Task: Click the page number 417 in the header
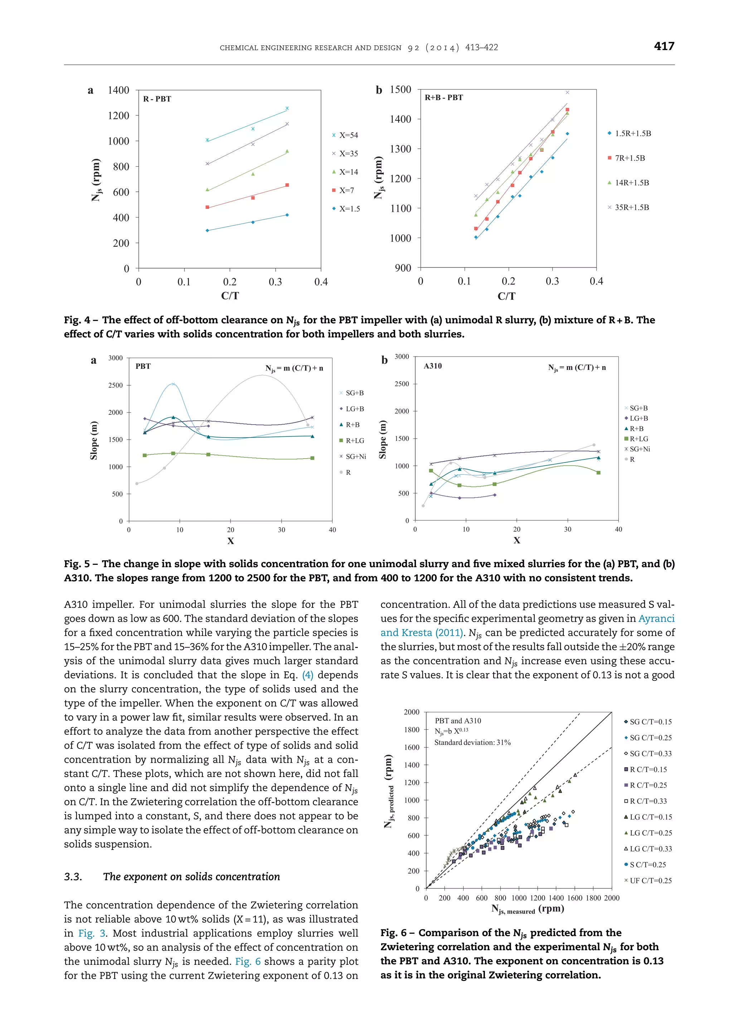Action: [x=664, y=46]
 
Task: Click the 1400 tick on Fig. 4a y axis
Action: [x=118, y=90]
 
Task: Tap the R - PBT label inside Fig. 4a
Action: [x=157, y=99]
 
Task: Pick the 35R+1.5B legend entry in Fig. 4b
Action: [x=631, y=207]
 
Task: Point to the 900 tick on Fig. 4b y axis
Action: [x=403, y=268]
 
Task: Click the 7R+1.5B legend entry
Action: [x=629, y=158]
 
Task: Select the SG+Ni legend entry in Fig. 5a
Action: [x=355, y=456]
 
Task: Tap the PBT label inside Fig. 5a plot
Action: [x=143, y=366]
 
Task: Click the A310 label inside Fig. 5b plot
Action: [x=432, y=366]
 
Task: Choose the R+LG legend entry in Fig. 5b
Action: [x=638, y=439]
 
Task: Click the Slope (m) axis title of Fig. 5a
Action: [x=94, y=440]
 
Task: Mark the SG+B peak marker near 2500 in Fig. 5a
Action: [x=173, y=384]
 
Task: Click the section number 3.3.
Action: [x=73, y=877]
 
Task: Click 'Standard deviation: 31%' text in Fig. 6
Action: [x=472, y=742]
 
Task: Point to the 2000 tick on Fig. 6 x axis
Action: [x=611, y=898]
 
